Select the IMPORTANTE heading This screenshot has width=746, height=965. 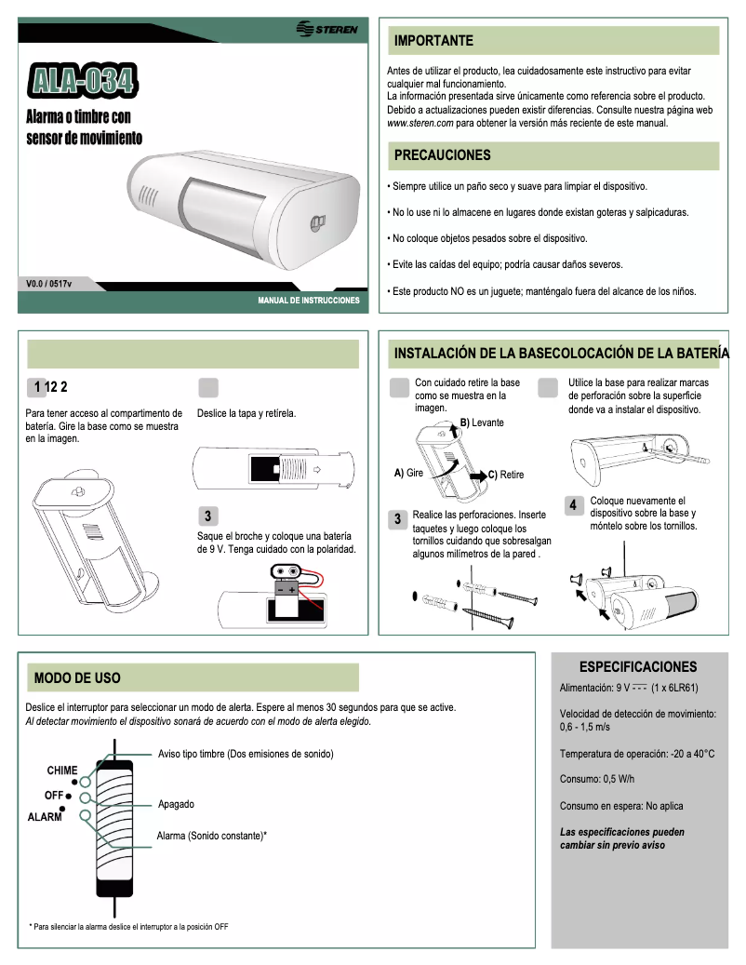pos(433,41)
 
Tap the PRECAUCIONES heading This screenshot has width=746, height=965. pos(442,154)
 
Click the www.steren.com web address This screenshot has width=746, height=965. pos(420,123)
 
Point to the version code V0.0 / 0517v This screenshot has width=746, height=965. pos(49,283)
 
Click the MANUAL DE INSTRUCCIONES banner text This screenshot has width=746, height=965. pos(308,302)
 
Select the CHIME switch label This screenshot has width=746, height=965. pos(62,771)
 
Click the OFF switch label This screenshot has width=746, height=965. pos(53,796)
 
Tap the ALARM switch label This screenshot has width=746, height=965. pos(45,817)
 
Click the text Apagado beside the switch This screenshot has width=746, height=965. pos(176,804)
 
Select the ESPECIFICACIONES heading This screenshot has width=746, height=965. pos(637,667)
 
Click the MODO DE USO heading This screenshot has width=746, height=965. pos(77,677)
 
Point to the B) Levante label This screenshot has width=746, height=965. pos(482,422)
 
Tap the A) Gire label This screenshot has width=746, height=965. pos(409,473)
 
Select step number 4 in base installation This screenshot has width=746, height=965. pos(574,504)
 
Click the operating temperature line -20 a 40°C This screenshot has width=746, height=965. pos(637,753)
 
